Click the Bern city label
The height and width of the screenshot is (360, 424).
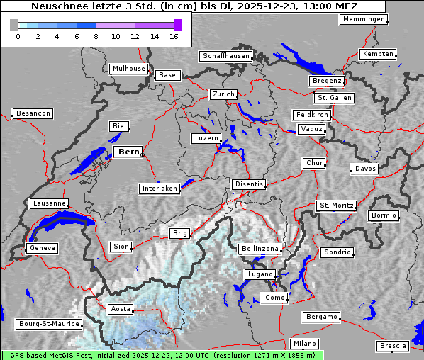[128, 152]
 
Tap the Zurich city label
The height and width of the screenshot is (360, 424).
[223, 94]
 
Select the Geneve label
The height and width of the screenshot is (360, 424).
[42, 248]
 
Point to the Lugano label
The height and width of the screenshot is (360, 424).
[260, 274]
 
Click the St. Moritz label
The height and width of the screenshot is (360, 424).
[336, 206]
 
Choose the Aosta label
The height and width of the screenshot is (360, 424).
[120, 309]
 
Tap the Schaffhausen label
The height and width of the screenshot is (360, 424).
[226, 55]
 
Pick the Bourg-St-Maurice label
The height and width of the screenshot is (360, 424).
[49, 324]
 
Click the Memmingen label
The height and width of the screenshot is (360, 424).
[364, 19]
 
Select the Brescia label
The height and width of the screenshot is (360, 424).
[393, 346]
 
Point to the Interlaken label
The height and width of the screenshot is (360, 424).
[160, 189]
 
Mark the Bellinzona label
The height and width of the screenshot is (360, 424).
[260, 249]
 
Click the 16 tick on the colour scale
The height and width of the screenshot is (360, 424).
[174, 36]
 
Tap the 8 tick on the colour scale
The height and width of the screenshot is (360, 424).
[96, 36]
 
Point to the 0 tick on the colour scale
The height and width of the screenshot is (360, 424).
[18, 36]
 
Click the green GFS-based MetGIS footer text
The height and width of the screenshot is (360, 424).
[162, 355]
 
